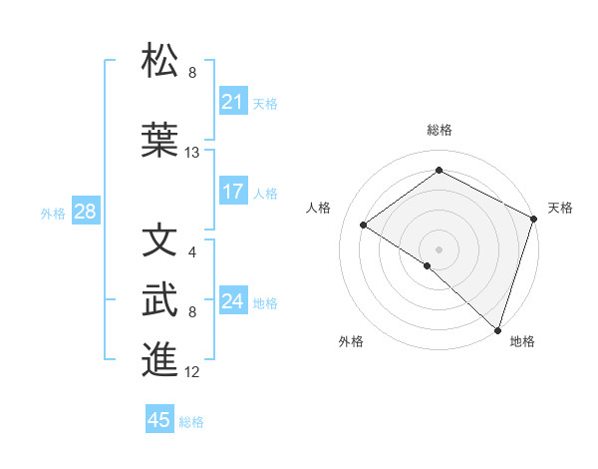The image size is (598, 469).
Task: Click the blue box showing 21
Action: tap(232, 102)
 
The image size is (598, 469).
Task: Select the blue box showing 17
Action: tap(232, 192)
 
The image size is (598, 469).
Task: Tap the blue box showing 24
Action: tap(232, 301)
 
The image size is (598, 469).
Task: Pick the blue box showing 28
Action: tap(85, 212)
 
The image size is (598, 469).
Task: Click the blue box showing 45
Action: tap(159, 420)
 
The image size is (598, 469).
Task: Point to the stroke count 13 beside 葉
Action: tap(192, 153)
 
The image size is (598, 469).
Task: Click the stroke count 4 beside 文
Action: tap(192, 251)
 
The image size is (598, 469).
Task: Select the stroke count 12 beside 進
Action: tap(192, 372)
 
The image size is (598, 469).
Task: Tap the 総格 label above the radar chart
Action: tap(439, 131)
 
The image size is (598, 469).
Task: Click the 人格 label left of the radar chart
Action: tap(319, 208)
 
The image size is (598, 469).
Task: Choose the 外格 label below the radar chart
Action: tap(351, 341)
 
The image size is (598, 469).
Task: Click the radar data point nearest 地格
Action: tap(497, 329)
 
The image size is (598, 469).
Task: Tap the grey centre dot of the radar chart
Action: tap(439, 248)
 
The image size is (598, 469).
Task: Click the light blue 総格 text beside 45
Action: tap(191, 421)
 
